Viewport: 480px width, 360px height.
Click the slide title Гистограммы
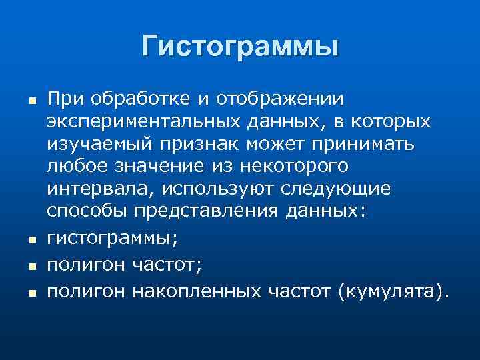240,47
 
